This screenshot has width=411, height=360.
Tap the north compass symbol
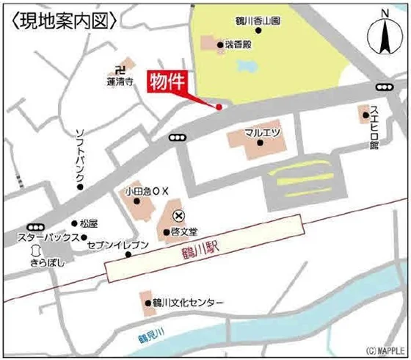tap(385, 37)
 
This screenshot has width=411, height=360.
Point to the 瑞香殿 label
tap(237, 46)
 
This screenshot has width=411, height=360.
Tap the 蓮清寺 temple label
tap(117, 83)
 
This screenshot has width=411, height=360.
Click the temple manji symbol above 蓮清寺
tap(111, 70)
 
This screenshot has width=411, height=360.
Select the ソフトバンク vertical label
tap(81, 154)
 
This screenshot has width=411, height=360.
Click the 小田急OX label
tap(147, 191)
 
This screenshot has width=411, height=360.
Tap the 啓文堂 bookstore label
tap(183, 231)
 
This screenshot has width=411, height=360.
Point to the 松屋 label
tap(89, 223)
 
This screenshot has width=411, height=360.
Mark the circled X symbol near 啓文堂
tap(178, 216)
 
